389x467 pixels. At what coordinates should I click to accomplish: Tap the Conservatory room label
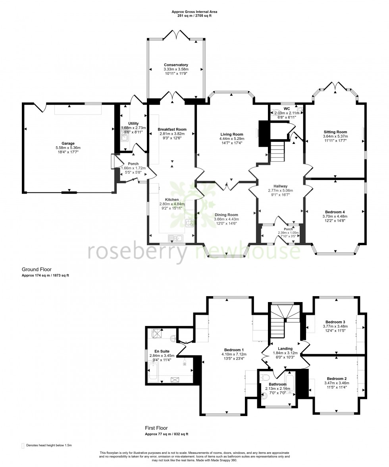coord(176,65)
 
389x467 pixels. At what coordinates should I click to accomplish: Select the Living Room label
coord(232,134)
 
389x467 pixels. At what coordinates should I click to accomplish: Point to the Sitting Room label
coord(335,132)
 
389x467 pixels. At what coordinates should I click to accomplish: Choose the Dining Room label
coord(226,215)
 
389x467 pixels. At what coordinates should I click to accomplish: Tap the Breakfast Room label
coord(172,130)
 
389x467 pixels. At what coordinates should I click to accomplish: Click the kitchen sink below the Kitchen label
coord(175,238)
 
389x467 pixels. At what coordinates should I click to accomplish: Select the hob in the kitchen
coord(190,223)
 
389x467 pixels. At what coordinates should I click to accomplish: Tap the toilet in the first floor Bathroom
coord(266,376)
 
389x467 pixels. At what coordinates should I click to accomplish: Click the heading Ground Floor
coord(37,269)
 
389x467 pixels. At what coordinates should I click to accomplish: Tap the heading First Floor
coord(156,428)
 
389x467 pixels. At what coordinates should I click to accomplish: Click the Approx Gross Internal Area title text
coord(194,12)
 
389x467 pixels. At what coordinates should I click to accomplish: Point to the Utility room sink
coord(124,138)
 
